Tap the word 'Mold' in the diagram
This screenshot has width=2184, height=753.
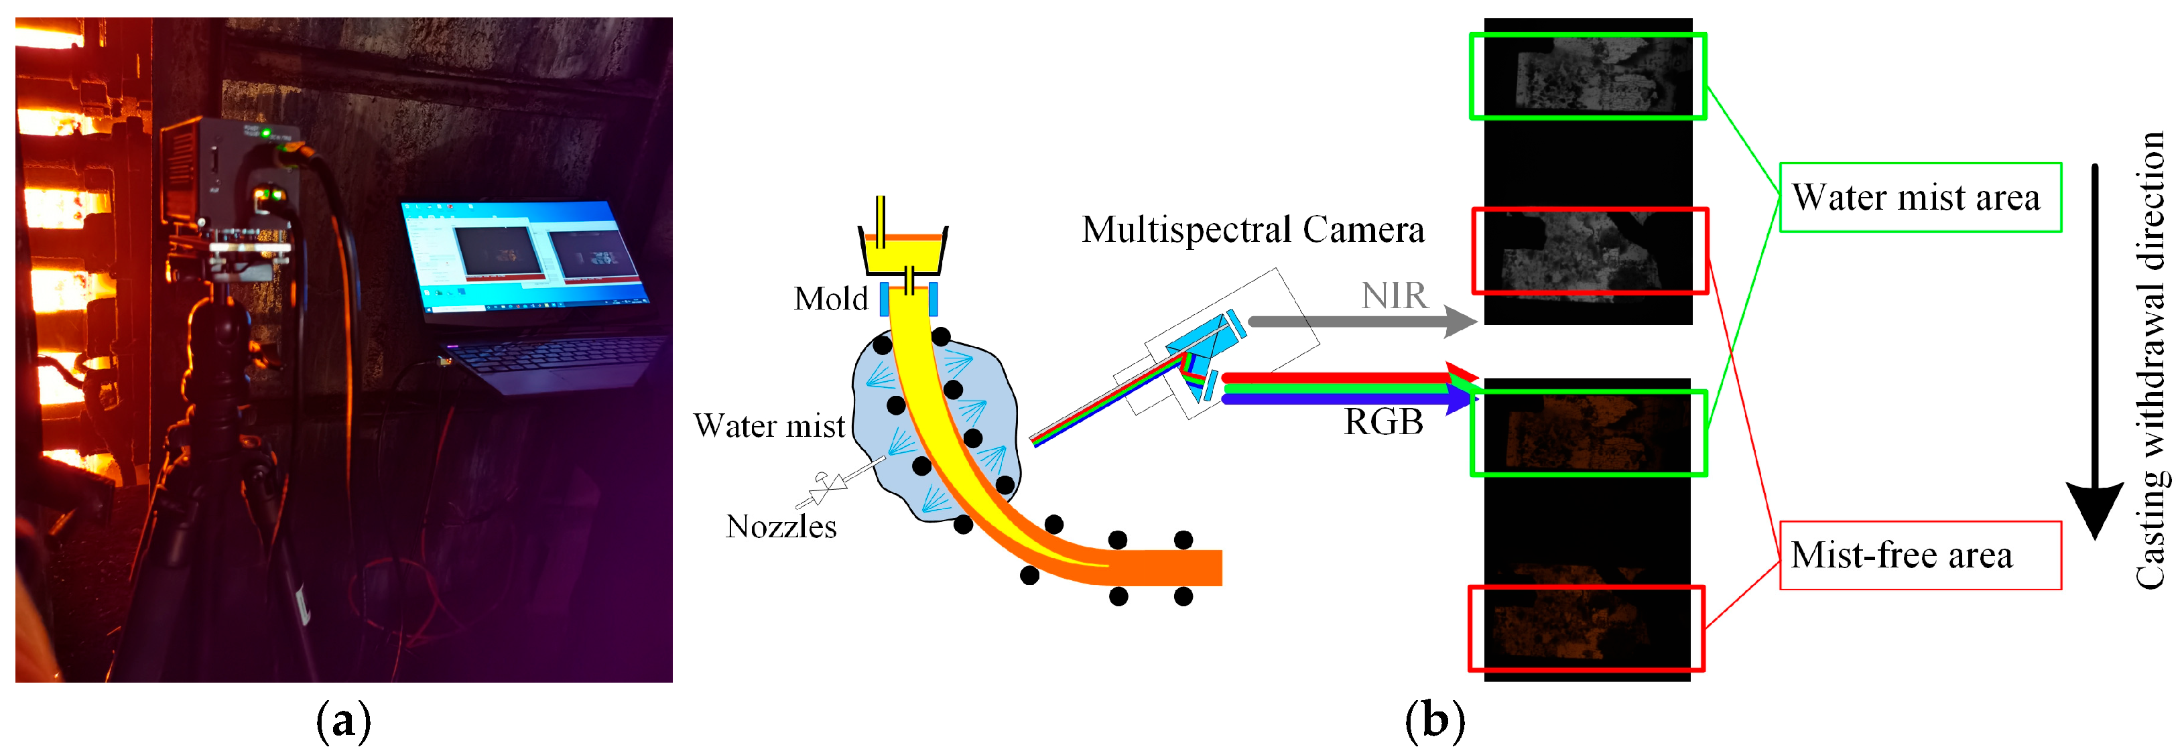tap(830, 299)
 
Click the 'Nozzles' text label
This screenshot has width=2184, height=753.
tap(781, 527)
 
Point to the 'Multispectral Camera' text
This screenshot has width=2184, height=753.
tap(1252, 229)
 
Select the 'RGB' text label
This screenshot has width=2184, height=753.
tap(1383, 421)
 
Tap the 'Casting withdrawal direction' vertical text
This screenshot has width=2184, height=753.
tap(2149, 360)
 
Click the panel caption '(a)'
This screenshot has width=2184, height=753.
tap(343, 721)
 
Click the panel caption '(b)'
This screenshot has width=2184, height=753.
tap(1435, 721)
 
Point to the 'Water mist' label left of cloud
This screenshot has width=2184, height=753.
tap(769, 425)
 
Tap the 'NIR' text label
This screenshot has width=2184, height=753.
tap(1394, 296)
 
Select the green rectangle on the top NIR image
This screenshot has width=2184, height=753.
tap(1587, 76)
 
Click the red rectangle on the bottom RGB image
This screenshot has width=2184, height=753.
tap(1586, 628)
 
